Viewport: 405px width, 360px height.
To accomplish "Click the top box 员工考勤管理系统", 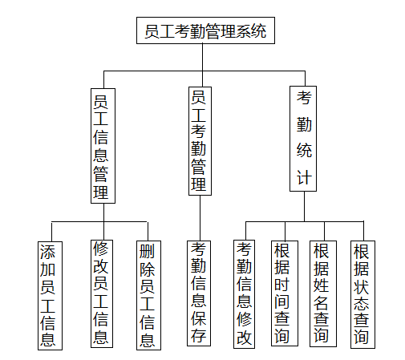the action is click(x=205, y=30).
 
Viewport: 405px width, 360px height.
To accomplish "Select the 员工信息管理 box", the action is click(x=103, y=146).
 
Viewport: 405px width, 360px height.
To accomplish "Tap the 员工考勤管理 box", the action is click(x=200, y=141).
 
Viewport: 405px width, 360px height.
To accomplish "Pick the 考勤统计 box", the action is click(x=303, y=139).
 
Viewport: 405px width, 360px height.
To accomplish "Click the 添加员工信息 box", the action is click(x=50, y=296).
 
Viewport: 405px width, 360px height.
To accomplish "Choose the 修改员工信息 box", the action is click(x=102, y=293).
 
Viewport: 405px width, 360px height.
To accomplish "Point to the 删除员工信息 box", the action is click(x=148, y=295).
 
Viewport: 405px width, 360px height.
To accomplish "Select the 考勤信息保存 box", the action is click(x=199, y=293).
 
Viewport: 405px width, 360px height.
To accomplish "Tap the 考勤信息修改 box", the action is click(x=244, y=294).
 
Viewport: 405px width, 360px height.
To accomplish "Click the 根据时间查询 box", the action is click(x=285, y=293).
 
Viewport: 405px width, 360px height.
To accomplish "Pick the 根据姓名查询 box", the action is click(x=323, y=293).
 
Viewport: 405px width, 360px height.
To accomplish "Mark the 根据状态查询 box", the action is click(x=362, y=294).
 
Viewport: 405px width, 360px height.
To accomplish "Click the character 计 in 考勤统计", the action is click(x=304, y=177).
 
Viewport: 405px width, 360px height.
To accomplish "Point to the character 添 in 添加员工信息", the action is click(x=47, y=252).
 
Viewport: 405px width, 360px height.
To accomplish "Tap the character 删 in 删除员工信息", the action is click(x=147, y=251).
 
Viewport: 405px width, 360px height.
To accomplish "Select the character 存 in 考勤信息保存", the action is click(x=198, y=335).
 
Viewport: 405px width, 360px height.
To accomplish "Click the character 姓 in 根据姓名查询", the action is click(x=321, y=285).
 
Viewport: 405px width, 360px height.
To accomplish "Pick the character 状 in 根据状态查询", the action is click(x=361, y=286).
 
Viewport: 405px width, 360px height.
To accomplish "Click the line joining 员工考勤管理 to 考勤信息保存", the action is click(x=200, y=218).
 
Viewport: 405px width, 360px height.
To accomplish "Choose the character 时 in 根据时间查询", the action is click(x=282, y=284).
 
